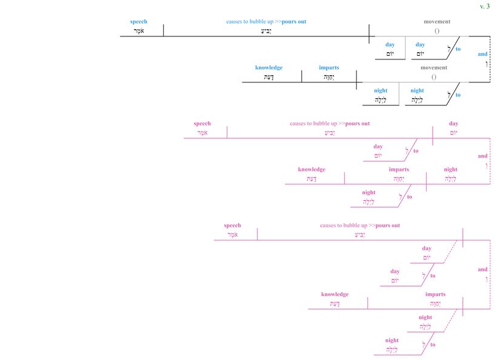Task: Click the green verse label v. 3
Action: [485, 6]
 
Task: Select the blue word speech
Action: [138, 22]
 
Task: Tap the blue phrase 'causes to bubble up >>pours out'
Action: [266, 22]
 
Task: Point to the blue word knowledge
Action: [268, 68]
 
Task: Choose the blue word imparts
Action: [329, 68]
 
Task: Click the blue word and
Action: [482, 54]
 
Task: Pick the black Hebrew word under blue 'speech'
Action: [138, 30]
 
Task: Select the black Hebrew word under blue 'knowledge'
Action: [268, 77]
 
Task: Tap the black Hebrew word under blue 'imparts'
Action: [329, 77]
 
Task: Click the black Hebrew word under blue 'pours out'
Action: [266, 30]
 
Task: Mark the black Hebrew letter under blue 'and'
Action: [485, 64]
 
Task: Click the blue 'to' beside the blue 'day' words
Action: [458, 49]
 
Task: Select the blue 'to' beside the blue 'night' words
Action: [458, 95]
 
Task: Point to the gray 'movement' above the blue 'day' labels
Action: [437, 22]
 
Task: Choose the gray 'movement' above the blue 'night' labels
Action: [434, 68]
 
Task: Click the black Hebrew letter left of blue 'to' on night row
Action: [448, 95]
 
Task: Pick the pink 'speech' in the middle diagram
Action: [202, 124]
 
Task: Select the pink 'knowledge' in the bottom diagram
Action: [335, 295]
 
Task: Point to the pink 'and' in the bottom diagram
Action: [482, 270]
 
